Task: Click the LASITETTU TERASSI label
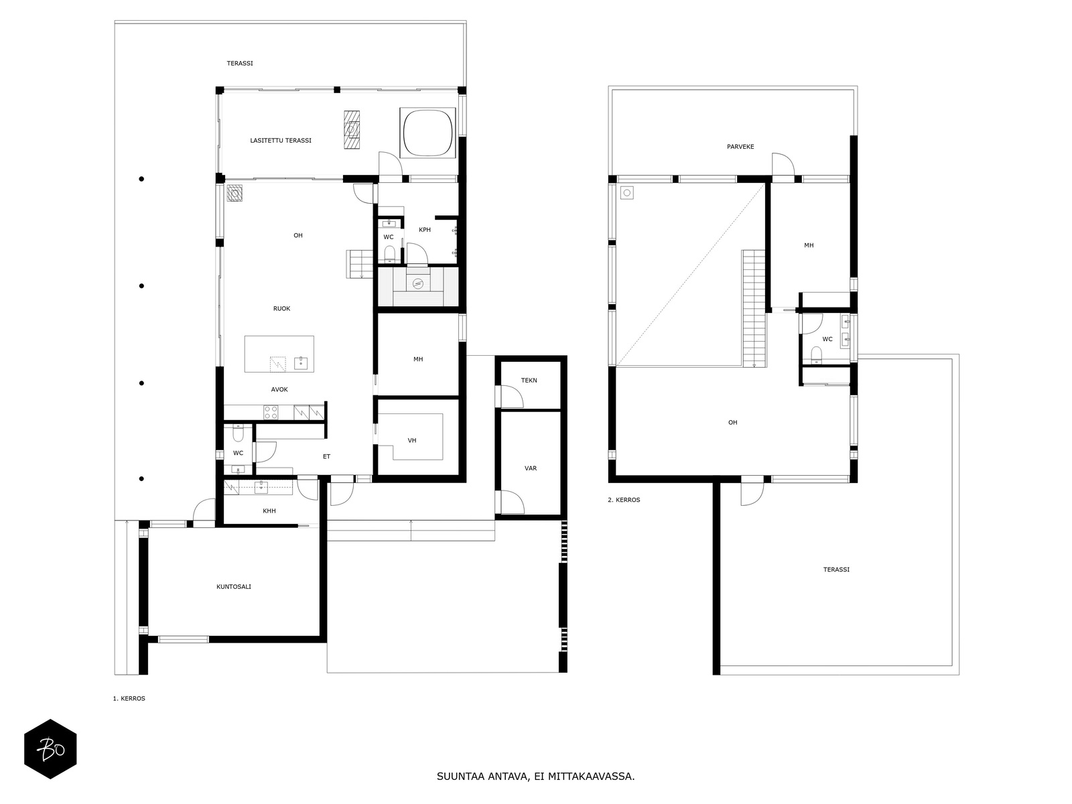coord(280,141)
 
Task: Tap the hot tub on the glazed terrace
coord(428,132)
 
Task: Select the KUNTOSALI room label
coord(233,587)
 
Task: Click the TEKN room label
coord(529,381)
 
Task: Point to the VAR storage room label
coord(531,468)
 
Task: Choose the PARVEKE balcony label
coord(740,147)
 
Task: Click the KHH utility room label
coord(269,511)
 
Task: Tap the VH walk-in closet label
coord(412,440)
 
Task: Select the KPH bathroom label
coord(425,229)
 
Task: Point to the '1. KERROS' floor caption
coord(129,699)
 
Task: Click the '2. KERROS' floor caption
coord(624,500)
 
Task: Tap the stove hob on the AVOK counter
coord(271,413)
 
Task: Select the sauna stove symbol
coord(417,283)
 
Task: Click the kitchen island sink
coord(301,363)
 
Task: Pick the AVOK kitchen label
coord(279,389)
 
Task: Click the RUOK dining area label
coord(282,308)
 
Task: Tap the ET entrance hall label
coord(327,456)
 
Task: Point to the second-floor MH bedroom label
coord(809,245)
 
